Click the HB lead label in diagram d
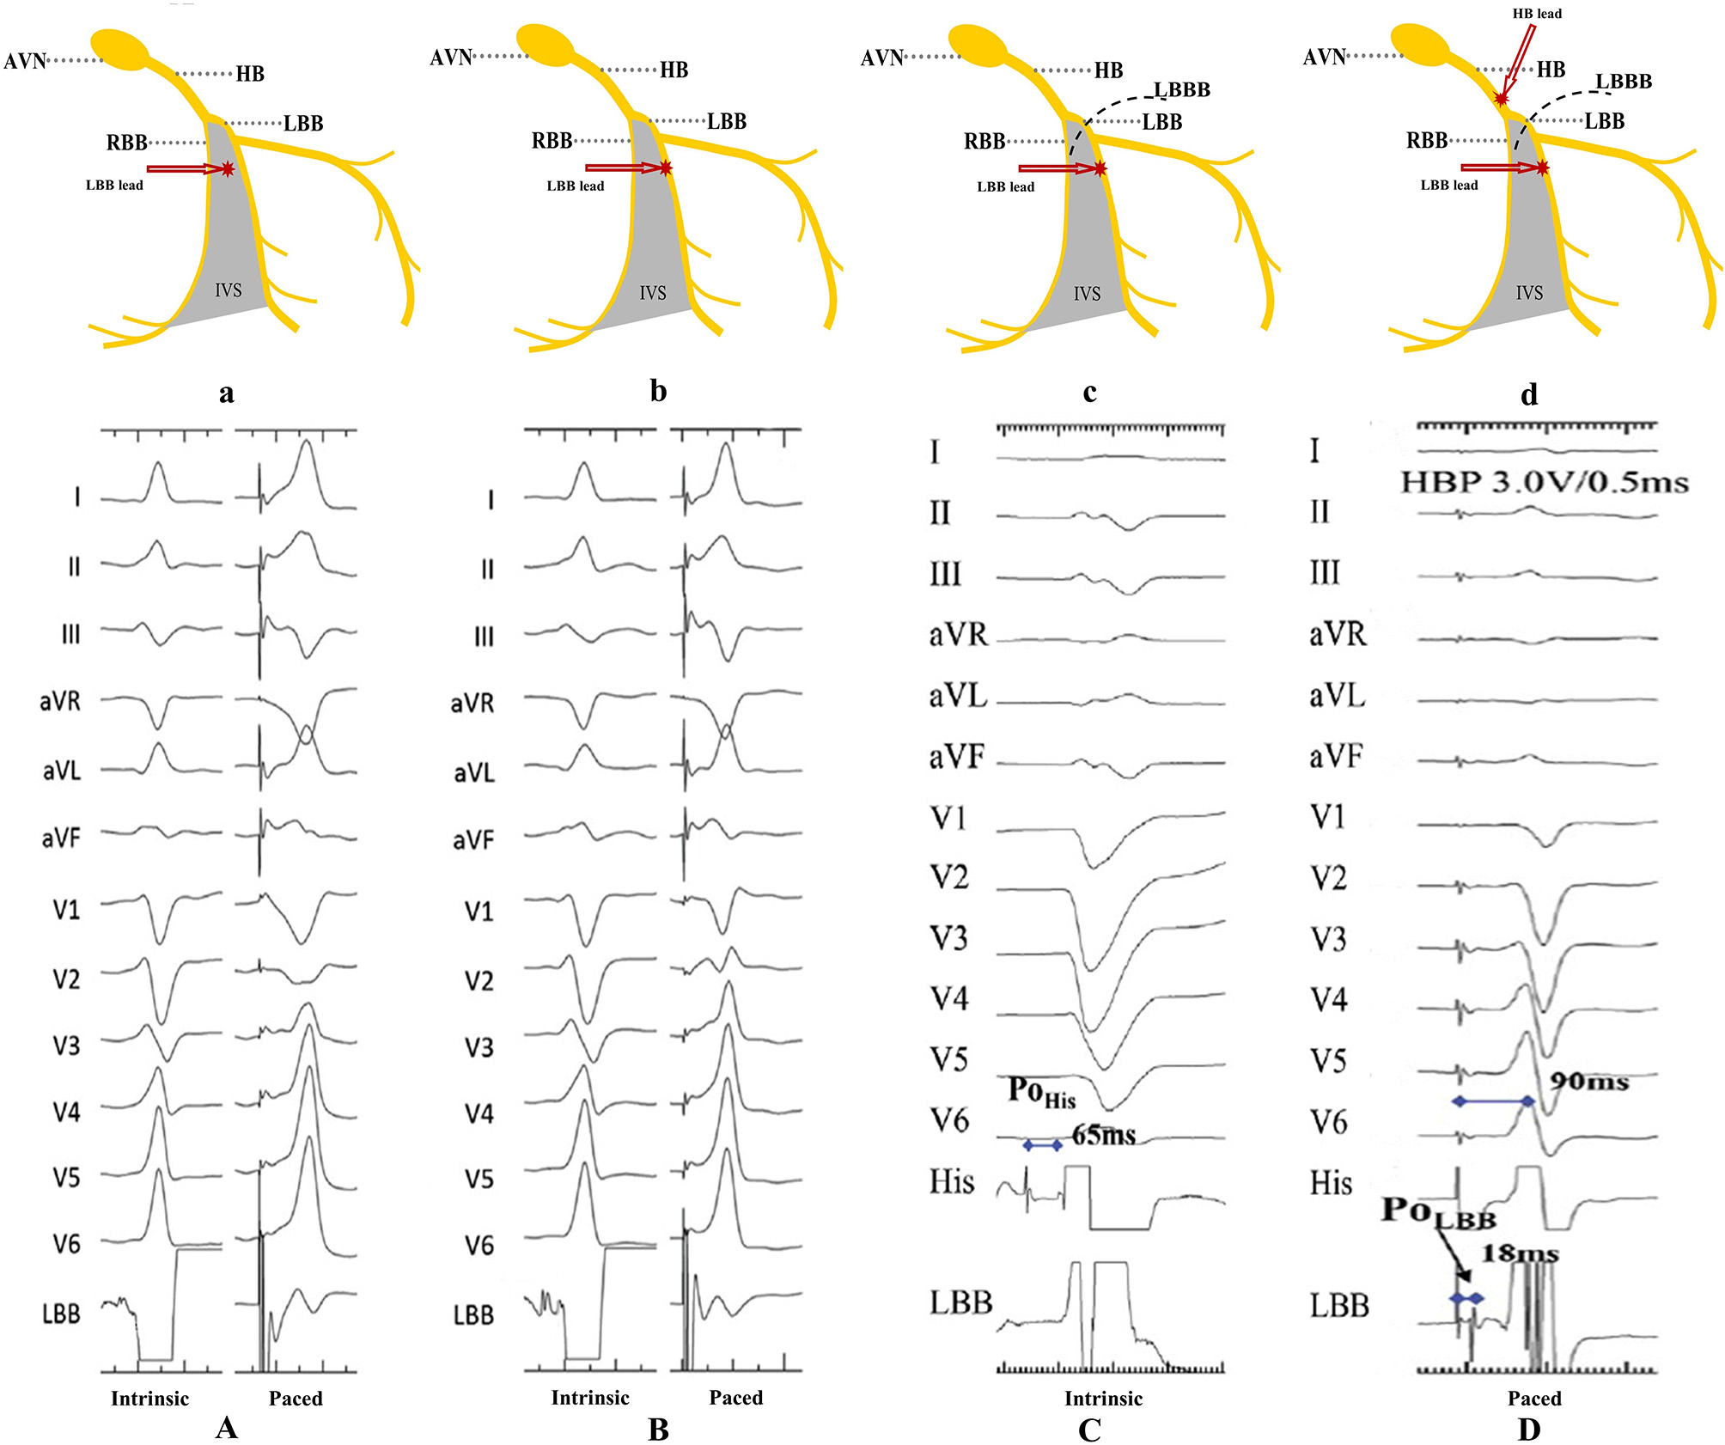(x=1537, y=14)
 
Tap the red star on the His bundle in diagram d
(x=1501, y=99)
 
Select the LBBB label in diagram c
(x=1182, y=89)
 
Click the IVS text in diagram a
(x=228, y=290)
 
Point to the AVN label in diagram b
(x=451, y=58)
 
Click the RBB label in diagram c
(x=984, y=141)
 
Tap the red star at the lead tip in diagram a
(x=227, y=169)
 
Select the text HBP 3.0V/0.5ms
(x=1545, y=482)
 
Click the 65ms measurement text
(x=1104, y=1136)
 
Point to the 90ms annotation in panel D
(x=1589, y=1081)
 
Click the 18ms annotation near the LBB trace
(x=1520, y=1253)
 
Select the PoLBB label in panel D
(x=1439, y=1212)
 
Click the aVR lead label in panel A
(x=60, y=702)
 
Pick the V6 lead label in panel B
(x=479, y=1245)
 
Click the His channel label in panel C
(x=952, y=1182)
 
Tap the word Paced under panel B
(x=735, y=1398)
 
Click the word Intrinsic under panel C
(x=1103, y=1399)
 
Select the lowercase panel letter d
(x=1529, y=393)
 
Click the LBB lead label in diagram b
(x=575, y=186)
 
